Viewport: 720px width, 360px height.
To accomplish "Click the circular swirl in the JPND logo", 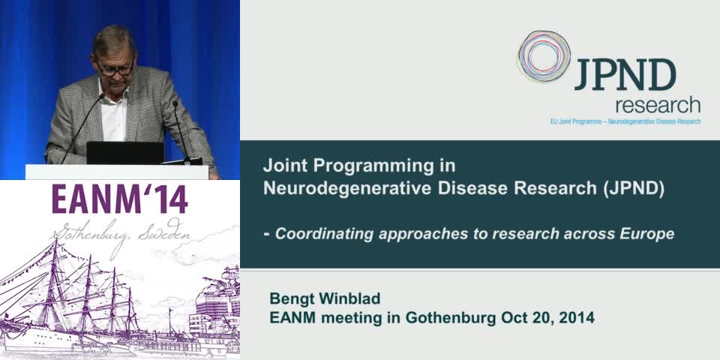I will tap(543, 56).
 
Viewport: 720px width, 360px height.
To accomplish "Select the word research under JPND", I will tap(657, 105).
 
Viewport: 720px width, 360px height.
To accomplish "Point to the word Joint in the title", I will tap(282, 165).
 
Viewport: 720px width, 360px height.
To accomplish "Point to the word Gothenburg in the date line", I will tap(450, 317).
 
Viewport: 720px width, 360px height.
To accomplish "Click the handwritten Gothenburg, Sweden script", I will tap(120, 234).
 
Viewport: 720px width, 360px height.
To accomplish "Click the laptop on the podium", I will tap(124, 153).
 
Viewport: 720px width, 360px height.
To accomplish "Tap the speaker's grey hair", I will tap(113, 38).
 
